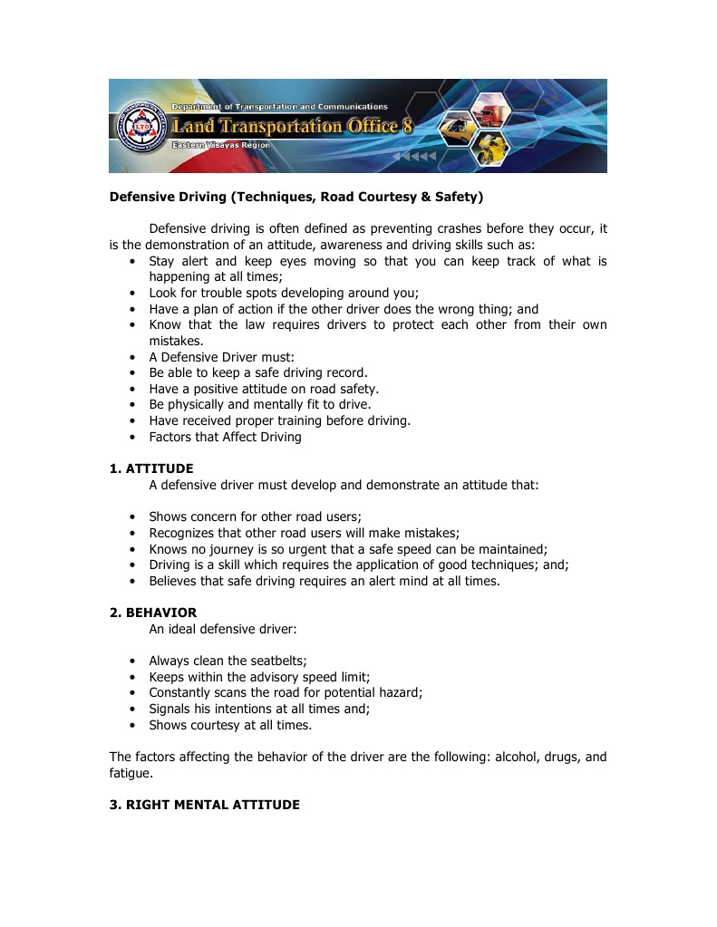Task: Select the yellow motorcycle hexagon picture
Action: click(492, 149)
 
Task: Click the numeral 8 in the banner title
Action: click(407, 127)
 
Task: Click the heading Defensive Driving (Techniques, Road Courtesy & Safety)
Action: click(296, 196)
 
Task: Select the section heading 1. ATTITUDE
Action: click(151, 468)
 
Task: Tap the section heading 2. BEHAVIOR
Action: click(153, 613)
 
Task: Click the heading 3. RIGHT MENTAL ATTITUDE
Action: click(205, 805)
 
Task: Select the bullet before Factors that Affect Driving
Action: click(132, 437)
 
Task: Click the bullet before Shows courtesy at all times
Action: click(132, 725)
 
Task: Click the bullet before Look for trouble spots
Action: click(132, 293)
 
